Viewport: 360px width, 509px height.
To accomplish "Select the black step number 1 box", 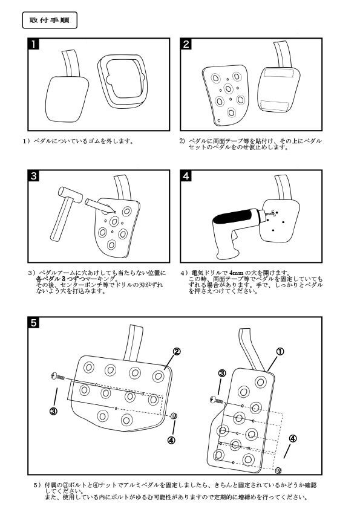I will [36, 44].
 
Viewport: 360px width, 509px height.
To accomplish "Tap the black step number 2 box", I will [187, 44].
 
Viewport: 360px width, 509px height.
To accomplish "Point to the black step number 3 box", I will [36, 176].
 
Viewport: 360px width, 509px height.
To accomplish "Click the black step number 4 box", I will [187, 176].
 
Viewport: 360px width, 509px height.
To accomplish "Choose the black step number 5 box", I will [36, 323].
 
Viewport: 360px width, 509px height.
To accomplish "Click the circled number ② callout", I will [177, 351].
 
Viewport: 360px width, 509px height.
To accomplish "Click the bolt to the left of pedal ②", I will [57, 376].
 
